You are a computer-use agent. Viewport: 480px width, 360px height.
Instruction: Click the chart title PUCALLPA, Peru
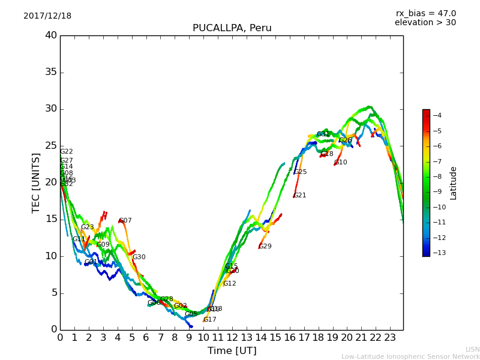click(232, 28)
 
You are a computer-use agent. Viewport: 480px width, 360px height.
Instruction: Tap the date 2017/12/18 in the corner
click(47, 16)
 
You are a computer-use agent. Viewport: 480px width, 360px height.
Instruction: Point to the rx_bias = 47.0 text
click(425, 14)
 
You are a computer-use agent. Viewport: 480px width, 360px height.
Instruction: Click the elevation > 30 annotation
click(425, 23)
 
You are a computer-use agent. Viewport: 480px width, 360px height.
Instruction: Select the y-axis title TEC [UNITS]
click(36, 182)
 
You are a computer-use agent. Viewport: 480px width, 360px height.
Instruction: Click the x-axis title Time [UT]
click(232, 351)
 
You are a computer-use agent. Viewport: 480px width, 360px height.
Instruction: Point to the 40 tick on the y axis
click(50, 35)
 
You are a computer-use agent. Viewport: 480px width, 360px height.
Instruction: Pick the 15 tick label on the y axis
click(50, 219)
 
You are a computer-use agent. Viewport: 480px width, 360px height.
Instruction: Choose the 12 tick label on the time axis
click(232, 337)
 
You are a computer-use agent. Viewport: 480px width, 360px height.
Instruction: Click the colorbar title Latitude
click(454, 183)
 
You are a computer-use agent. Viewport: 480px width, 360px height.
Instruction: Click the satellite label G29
click(265, 247)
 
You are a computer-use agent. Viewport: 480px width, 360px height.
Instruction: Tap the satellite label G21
click(300, 196)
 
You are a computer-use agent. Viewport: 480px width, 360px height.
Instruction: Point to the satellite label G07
click(125, 221)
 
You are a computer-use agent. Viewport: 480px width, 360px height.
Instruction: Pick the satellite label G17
click(210, 320)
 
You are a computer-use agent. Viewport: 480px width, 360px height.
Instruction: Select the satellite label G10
click(340, 163)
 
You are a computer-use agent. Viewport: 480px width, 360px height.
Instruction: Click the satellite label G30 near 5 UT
click(139, 257)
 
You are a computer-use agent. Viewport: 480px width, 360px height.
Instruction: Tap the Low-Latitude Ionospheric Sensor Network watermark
click(410, 357)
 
